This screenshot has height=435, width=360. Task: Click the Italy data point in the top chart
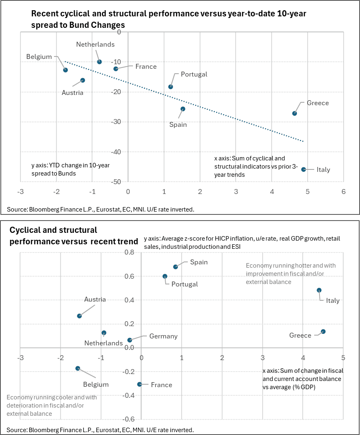tap(304, 169)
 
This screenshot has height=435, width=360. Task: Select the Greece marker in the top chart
tap(295, 113)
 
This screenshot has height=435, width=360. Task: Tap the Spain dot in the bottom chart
tap(175, 267)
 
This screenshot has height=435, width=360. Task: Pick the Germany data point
tap(130, 340)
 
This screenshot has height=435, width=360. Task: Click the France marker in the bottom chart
tap(139, 384)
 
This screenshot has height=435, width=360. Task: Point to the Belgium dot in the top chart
tap(65, 70)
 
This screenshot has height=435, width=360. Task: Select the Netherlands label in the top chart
tap(95, 44)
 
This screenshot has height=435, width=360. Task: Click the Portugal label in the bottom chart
tap(184, 284)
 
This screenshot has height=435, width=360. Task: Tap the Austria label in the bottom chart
tap(95, 299)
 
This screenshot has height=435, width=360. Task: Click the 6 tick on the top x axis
tap(344, 192)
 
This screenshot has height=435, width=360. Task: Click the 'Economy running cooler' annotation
tap(52, 405)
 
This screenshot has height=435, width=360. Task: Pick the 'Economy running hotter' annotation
tap(291, 273)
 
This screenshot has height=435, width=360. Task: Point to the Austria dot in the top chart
tap(83, 80)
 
